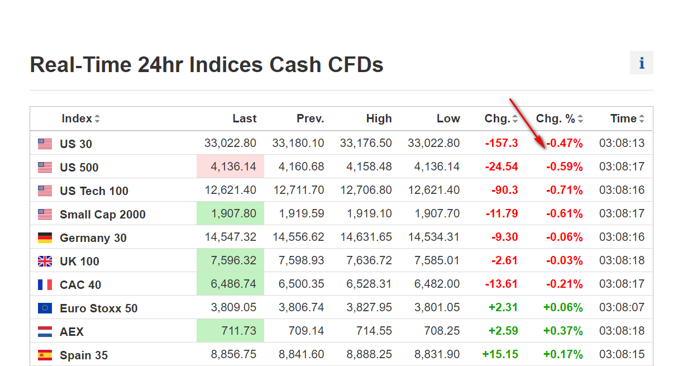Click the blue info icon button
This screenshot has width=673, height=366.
click(641, 63)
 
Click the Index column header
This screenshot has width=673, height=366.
click(77, 118)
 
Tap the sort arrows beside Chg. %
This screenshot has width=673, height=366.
click(580, 119)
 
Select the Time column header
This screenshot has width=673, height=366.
click(623, 118)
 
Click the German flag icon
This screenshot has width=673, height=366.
click(45, 238)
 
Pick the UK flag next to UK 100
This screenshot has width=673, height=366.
click(45, 262)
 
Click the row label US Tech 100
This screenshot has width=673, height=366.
click(94, 191)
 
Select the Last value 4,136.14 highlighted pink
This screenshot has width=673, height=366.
click(230, 167)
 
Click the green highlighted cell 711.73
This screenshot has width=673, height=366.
click(230, 331)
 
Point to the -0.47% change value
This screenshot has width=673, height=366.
click(564, 144)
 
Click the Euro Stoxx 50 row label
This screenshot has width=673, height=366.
click(98, 308)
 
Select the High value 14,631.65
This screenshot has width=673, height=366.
click(366, 237)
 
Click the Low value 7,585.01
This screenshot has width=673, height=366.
click(437, 260)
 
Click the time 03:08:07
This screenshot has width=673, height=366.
click(622, 307)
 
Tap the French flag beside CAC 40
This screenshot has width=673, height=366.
click(45, 285)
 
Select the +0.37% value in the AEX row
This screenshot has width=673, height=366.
click(563, 331)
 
